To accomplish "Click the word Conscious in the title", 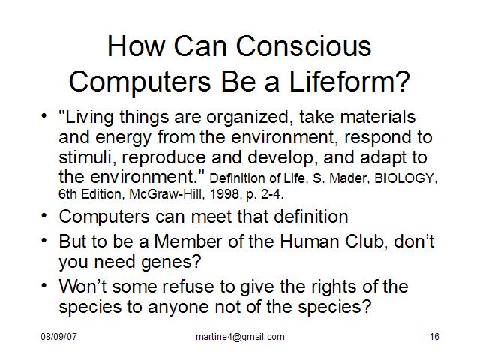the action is pos(303,46).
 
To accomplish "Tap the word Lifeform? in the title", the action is pos(349,81).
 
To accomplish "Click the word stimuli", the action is pos(87,157).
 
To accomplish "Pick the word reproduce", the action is pos(163,158).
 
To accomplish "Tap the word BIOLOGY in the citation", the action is pos(405,178).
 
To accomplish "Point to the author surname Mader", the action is pos(348,178).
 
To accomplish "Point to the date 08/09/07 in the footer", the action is pos(58,337).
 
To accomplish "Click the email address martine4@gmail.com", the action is pos(240,337).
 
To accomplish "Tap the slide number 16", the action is pos(434,337).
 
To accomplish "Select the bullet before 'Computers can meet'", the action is pos(44,215).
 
